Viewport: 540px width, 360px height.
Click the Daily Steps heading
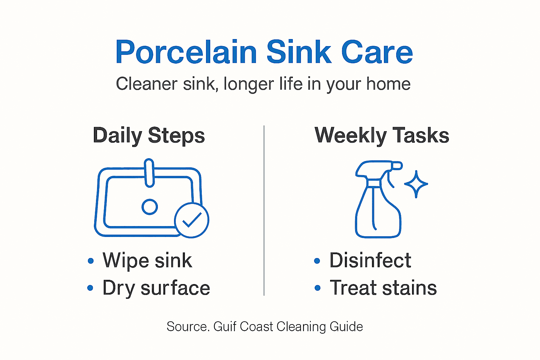(x=149, y=136)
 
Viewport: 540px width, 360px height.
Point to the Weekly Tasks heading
(x=382, y=136)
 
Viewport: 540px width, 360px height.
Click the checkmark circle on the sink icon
(x=192, y=220)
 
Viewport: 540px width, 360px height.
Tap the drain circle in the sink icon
(x=149, y=207)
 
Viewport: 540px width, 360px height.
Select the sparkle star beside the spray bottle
(x=416, y=184)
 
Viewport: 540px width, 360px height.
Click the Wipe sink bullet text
(x=147, y=261)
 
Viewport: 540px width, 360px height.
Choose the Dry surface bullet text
(x=156, y=288)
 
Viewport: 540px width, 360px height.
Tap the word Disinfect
(x=370, y=261)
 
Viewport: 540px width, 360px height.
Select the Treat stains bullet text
(x=383, y=288)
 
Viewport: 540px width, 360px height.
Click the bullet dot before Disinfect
(x=317, y=261)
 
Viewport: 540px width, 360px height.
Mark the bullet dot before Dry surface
(x=90, y=288)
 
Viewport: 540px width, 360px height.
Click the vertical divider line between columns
(x=264, y=211)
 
